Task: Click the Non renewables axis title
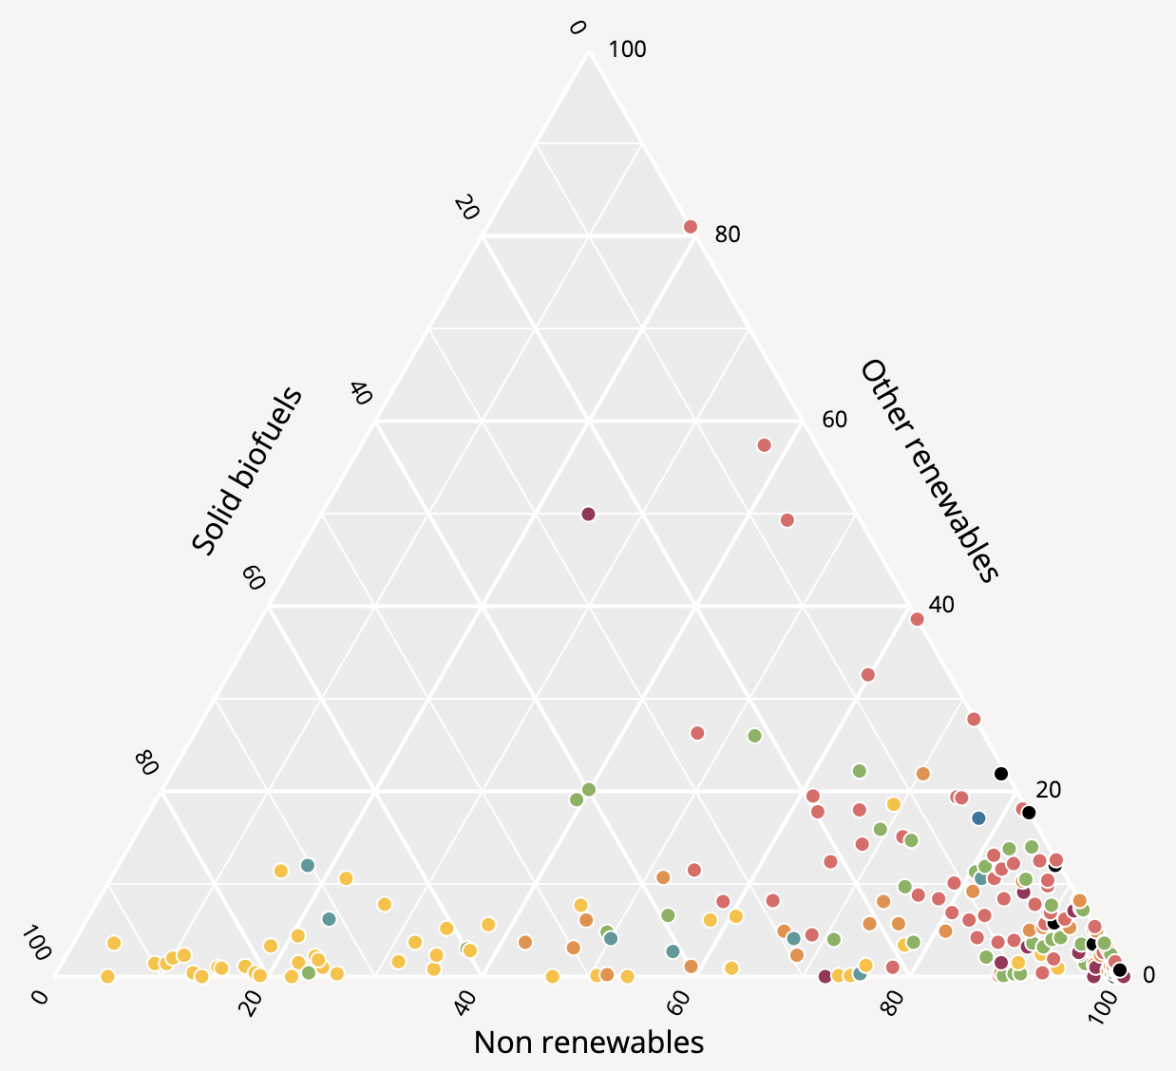tap(588, 1043)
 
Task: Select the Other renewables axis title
tap(930, 470)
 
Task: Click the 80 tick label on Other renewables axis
tap(728, 234)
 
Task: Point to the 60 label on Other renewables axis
tap(834, 419)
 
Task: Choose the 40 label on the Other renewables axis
tap(940, 604)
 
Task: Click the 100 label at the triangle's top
tap(627, 49)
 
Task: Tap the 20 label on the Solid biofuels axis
tap(465, 208)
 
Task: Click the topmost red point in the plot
tap(691, 226)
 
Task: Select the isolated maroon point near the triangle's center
tap(588, 515)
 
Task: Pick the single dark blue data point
tap(979, 817)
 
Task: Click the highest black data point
tap(1000, 773)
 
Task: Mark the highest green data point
tap(754, 736)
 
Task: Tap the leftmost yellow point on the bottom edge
tap(107, 976)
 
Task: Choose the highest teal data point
tap(307, 865)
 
